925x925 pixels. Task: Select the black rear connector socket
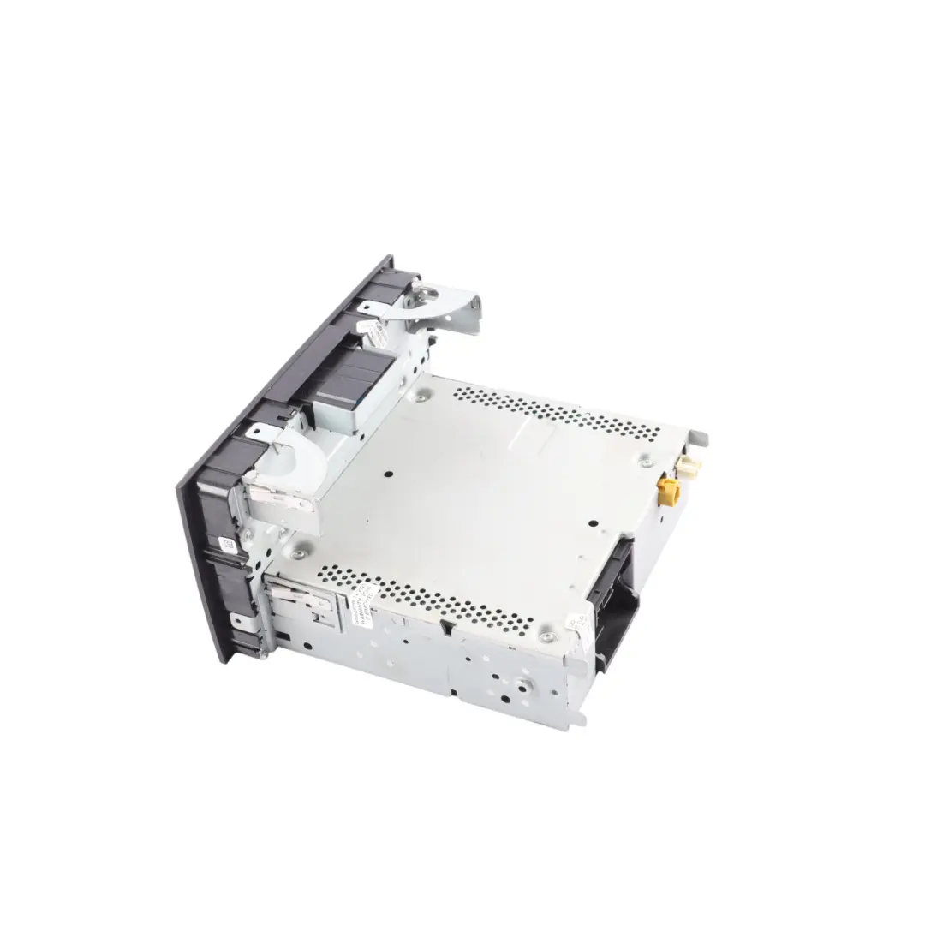(x=618, y=600)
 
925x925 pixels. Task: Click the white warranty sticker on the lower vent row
(x=360, y=604)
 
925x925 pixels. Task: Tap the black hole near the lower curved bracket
(x=388, y=472)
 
